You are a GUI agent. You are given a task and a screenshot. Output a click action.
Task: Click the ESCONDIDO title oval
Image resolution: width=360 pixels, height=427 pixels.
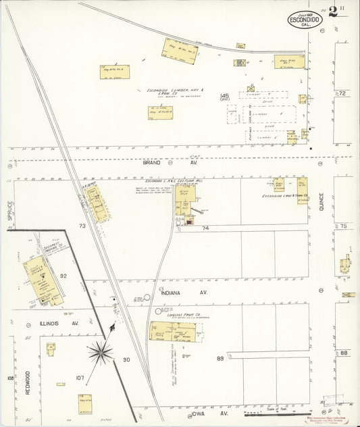[x=306, y=19]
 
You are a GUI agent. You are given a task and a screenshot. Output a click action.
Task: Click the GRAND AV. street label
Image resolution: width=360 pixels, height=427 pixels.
[x=154, y=163]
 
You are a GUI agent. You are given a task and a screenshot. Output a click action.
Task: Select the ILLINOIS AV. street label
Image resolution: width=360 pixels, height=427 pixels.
[x=61, y=324]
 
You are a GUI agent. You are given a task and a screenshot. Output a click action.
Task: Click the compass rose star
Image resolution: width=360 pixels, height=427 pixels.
[x=101, y=350]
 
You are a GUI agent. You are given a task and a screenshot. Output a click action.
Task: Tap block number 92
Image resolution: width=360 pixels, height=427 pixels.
[x=63, y=276]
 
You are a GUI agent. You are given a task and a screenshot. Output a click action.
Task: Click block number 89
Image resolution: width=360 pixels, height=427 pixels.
[x=220, y=358]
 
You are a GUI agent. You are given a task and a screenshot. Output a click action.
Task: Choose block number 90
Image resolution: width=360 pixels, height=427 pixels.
[x=126, y=359]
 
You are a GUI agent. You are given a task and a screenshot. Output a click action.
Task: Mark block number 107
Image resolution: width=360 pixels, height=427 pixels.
[x=80, y=378]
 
